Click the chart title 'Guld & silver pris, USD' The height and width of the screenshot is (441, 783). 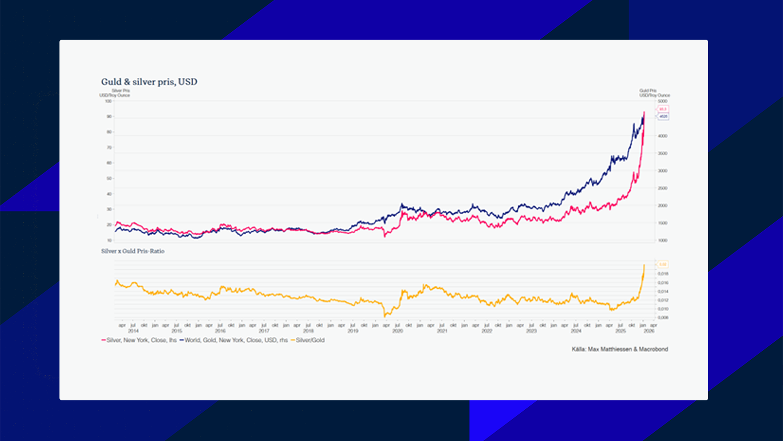(149, 82)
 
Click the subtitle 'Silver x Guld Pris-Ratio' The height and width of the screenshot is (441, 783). (133, 251)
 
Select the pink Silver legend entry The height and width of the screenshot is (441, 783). (139, 340)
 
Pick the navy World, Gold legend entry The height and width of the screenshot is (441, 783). (233, 340)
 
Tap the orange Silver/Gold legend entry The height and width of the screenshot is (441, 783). (307, 340)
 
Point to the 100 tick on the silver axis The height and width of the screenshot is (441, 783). (108, 101)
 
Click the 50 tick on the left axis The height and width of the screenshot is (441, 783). (109, 178)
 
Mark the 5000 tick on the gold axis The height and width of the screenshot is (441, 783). (663, 101)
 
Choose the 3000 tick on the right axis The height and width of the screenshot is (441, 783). (663, 171)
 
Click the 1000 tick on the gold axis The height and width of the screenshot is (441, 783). (663, 241)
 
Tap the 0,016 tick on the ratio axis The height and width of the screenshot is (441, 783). (663, 283)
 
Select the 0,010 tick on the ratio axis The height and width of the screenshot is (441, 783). (663, 309)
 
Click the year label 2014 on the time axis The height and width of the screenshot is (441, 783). (133, 331)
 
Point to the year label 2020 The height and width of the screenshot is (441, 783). (397, 331)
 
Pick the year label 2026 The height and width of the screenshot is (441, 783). (649, 331)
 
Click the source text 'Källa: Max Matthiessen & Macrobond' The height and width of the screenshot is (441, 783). (619, 349)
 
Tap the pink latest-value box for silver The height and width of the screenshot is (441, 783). (663, 109)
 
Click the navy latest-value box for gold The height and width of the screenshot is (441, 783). (663, 117)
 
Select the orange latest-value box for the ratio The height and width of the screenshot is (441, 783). (663, 264)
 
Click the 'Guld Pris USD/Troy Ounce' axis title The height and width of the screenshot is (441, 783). (654, 93)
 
